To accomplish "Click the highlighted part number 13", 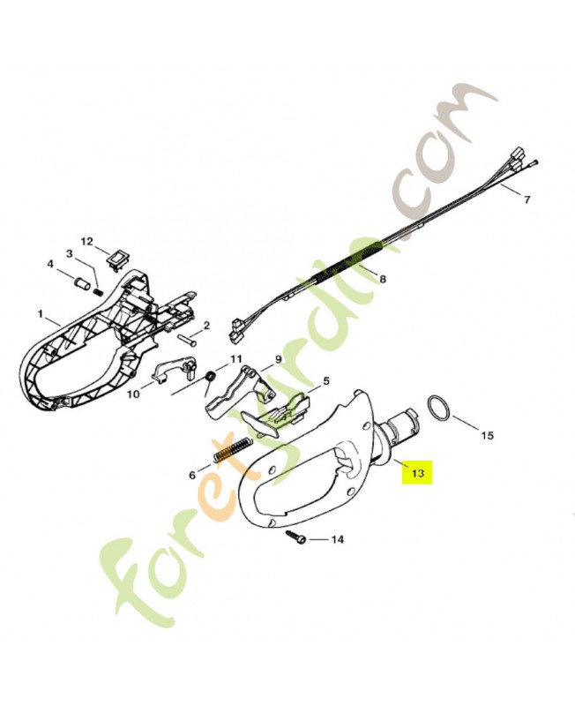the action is click(x=417, y=473).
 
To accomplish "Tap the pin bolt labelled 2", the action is click(x=188, y=337).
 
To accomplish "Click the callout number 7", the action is click(x=526, y=199).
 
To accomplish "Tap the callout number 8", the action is click(x=383, y=280).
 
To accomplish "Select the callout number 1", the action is click(x=41, y=314).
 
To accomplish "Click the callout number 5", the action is click(x=325, y=381).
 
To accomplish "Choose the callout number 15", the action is click(x=488, y=435).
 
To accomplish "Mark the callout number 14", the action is click(x=338, y=539).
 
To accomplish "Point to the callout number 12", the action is click(x=86, y=241).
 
